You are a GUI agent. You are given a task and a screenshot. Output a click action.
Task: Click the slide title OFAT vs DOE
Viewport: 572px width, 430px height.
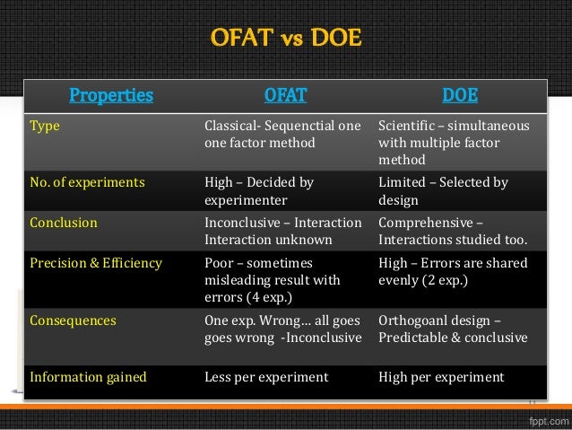tap(285, 39)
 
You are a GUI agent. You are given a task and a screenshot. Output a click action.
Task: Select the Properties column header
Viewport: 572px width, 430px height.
tap(111, 94)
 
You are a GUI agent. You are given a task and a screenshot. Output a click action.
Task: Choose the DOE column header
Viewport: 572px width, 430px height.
tap(459, 94)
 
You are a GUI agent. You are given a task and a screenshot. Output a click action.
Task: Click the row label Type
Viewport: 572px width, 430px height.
tap(44, 127)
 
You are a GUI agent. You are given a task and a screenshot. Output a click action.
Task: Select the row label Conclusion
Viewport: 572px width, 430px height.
tap(63, 223)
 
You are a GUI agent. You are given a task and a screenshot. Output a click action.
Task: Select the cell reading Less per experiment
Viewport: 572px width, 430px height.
tap(266, 377)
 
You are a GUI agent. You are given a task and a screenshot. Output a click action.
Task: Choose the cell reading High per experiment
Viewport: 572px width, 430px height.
tap(442, 377)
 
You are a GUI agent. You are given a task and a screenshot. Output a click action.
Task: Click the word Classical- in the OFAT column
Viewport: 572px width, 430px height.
tap(233, 127)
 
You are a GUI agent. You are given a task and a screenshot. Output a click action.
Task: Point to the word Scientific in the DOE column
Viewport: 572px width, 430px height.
tap(408, 127)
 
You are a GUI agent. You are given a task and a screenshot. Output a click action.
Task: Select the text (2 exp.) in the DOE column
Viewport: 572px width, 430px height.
tap(445, 279)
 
